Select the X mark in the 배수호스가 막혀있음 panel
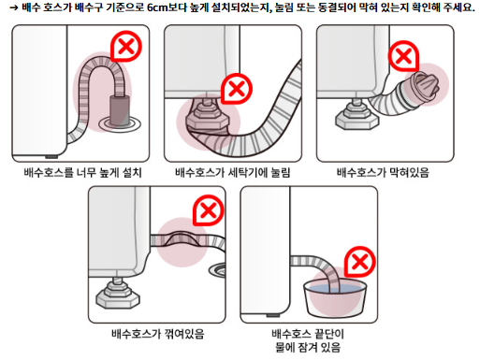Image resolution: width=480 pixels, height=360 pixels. point(402,57)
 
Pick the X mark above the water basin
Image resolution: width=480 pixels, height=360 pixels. point(359,261)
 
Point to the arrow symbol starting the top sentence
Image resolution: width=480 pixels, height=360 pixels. point(11,7)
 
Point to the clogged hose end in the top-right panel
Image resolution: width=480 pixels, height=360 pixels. point(431,86)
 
